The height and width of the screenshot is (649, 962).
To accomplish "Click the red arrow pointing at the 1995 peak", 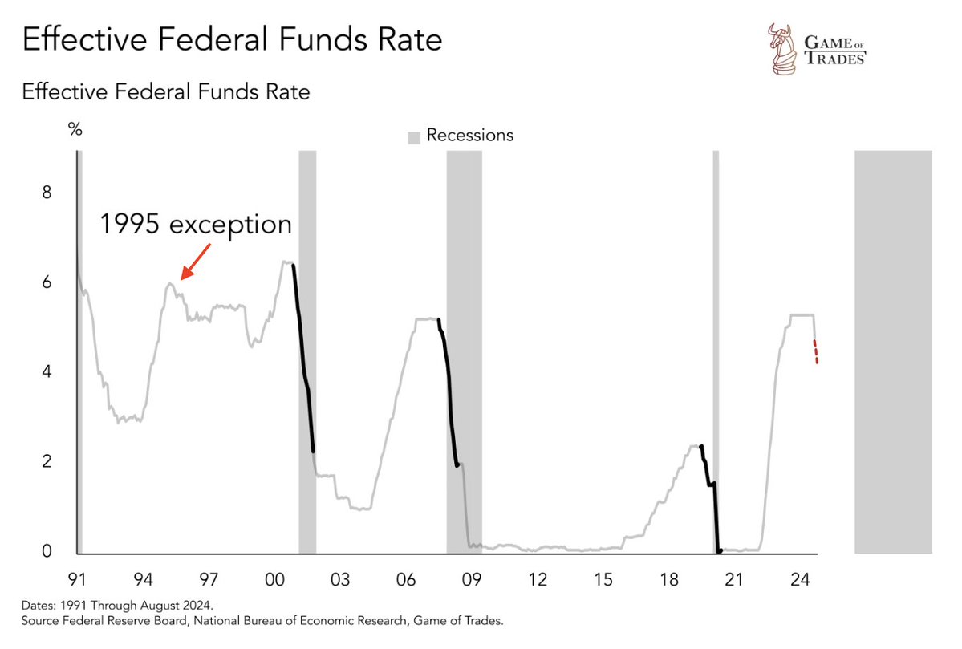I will pos(196,262).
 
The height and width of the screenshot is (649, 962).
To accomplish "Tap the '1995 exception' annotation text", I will pos(196,224).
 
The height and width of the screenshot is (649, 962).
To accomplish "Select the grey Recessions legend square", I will pos(413,137).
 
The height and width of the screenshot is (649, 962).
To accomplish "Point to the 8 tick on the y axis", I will pos(47,193).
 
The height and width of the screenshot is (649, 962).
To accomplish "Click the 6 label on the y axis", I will pos(47,283).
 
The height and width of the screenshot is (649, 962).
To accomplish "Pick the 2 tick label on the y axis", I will pos(47,462).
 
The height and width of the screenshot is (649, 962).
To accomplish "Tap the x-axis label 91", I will pos(77,579).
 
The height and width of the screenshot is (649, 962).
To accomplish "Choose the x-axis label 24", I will pos(798,579).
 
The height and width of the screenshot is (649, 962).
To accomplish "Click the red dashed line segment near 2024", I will pos(816,352).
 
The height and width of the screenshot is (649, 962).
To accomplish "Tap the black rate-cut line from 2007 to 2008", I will pos(449,393).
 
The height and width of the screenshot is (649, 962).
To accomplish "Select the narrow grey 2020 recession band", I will pos(716,353).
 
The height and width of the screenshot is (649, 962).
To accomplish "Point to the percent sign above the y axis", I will pos(75,130).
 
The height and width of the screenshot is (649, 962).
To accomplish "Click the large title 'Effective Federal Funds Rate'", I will pos(232,39).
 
